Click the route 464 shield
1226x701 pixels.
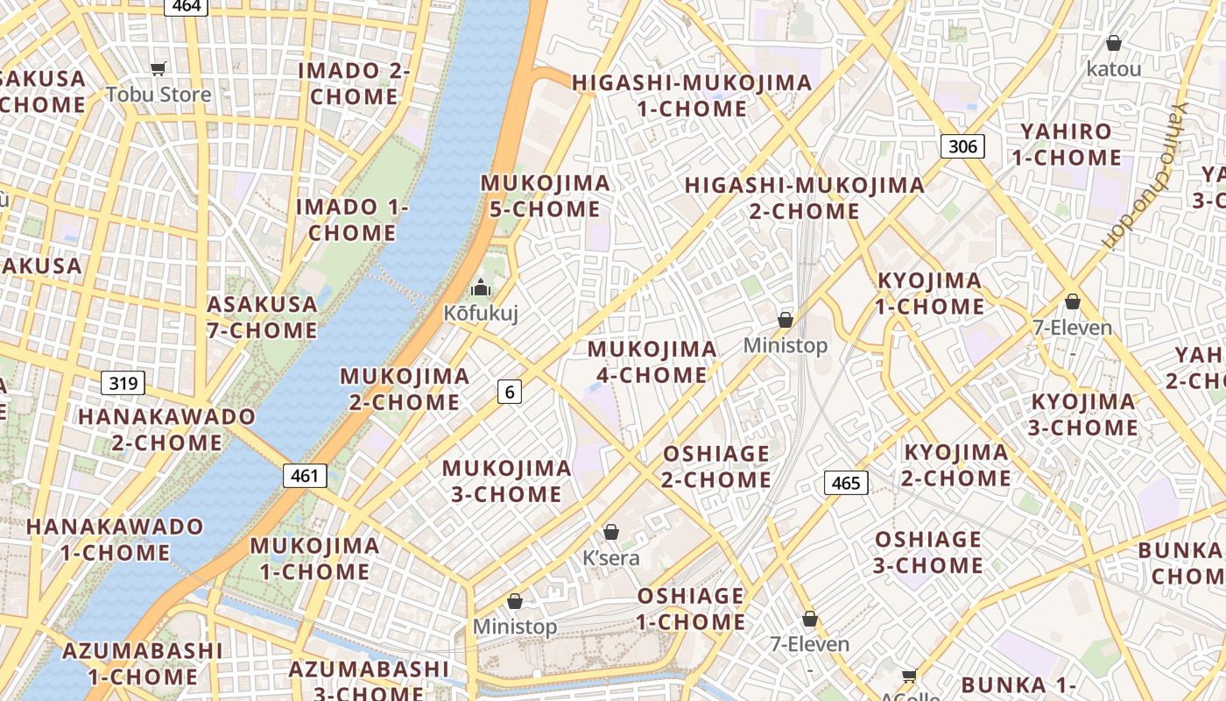pyautogui.click(x=187, y=6)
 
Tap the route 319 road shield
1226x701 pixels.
pyautogui.click(x=123, y=383)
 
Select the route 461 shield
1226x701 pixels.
pyautogui.click(x=305, y=476)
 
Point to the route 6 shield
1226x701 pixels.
pyautogui.click(x=510, y=392)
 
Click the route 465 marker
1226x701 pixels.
pyautogui.click(x=846, y=483)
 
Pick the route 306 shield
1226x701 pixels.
pyautogui.click(x=962, y=146)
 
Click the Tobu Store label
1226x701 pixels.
pyautogui.click(x=159, y=95)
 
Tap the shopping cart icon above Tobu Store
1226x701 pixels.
pyautogui.click(x=159, y=69)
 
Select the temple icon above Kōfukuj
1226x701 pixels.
pyautogui.click(x=480, y=287)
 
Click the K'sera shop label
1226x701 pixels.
pyautogui.click(x=611, y=558)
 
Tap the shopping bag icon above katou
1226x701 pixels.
pyautogui.click(x=1114, y=43)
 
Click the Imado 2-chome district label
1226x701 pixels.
pyautogui.click(x=354, y=83)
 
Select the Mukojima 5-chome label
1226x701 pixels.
pyautogui.click(x=546, y=196)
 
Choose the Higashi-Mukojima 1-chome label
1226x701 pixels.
pyautogui.click(x=692, y=96)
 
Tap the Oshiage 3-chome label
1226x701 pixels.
pyautogui.click(x=928, y=552)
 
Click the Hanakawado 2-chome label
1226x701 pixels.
pyautogui.click(x=166, y=429)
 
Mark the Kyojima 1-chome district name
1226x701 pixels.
pyautogui.click(x=930, y=294)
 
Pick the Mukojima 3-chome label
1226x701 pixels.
pyautogui.click(x=506, y=481)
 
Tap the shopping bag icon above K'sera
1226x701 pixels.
pyautogui.click(x=611, y=532)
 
